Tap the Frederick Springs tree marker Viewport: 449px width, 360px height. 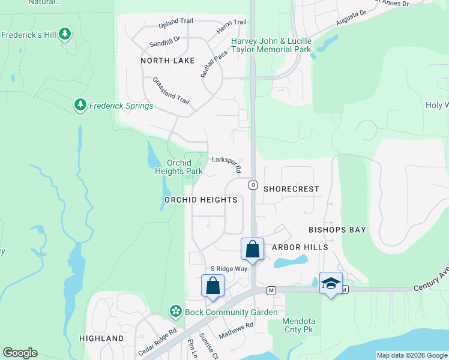tap(80, 106)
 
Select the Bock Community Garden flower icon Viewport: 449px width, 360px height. tap(175, 311)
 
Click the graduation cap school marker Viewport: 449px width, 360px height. tap(330, 283)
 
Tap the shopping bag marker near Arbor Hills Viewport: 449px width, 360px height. tap(253, 249)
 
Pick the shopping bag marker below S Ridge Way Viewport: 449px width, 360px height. tap(212, 286)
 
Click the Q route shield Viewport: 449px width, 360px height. tap(253, 185)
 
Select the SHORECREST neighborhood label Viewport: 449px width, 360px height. tap(291, 188)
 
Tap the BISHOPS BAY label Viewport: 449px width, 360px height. tap(337, 230)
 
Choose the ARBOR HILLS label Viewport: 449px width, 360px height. tap(300, 247)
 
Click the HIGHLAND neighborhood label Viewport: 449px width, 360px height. tap(101, 338)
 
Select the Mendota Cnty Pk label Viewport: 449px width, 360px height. tap(300, 325)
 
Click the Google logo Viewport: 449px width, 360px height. tap(20, 353)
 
